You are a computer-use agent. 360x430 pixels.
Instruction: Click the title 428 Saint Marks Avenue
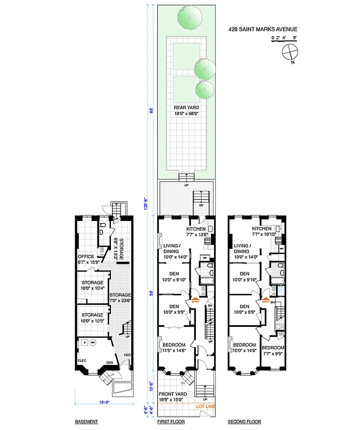(x=264, y=30)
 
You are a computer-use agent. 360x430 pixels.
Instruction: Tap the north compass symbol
(x=289, y=52)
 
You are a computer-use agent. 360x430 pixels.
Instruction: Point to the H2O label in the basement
(x=127, y=355)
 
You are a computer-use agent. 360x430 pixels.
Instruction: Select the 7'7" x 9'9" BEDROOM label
(x=274, y=350)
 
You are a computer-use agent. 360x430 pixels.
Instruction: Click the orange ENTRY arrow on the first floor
(x=195, y=300)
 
